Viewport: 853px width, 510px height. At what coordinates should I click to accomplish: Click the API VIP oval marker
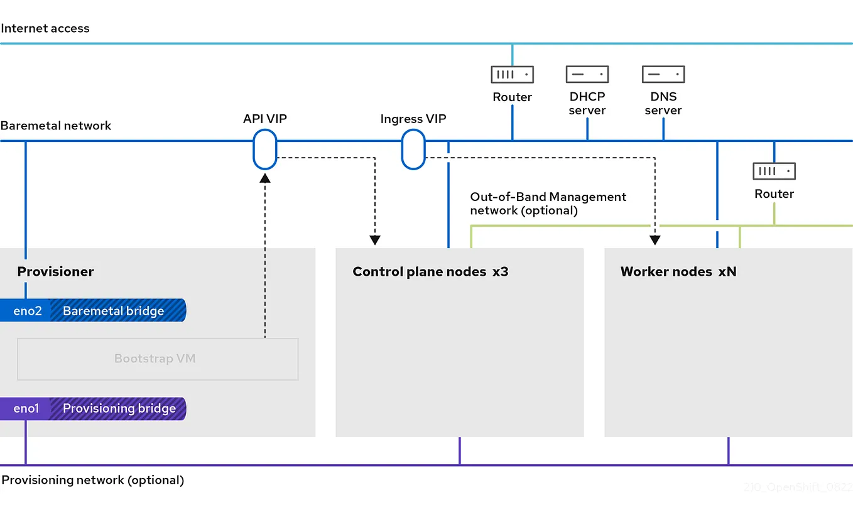264,149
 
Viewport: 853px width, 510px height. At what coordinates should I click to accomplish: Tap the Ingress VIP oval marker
413,149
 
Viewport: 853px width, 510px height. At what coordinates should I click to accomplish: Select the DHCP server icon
587,75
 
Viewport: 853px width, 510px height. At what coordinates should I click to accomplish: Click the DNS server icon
663,75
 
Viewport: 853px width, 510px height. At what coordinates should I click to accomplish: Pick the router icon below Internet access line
512,75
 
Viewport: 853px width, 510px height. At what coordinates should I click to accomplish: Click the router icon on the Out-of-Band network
774,171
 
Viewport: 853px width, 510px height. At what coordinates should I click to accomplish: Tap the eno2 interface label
27,310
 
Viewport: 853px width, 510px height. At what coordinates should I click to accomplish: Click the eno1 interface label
26,408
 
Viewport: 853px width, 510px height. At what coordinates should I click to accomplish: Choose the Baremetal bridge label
114,310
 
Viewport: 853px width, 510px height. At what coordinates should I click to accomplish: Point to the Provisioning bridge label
119,408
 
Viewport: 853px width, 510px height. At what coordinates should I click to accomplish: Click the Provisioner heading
55,271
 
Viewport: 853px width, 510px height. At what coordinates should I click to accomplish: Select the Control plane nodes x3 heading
430,271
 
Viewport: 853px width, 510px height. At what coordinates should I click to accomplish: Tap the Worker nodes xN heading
678,271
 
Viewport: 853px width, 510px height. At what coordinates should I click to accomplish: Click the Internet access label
45,28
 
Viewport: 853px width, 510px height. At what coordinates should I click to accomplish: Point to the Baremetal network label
56,125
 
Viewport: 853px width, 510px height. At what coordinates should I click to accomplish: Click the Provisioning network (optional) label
92,480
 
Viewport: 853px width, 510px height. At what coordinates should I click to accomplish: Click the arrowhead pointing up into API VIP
265,178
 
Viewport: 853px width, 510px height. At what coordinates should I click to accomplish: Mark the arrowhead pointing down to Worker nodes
655,239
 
